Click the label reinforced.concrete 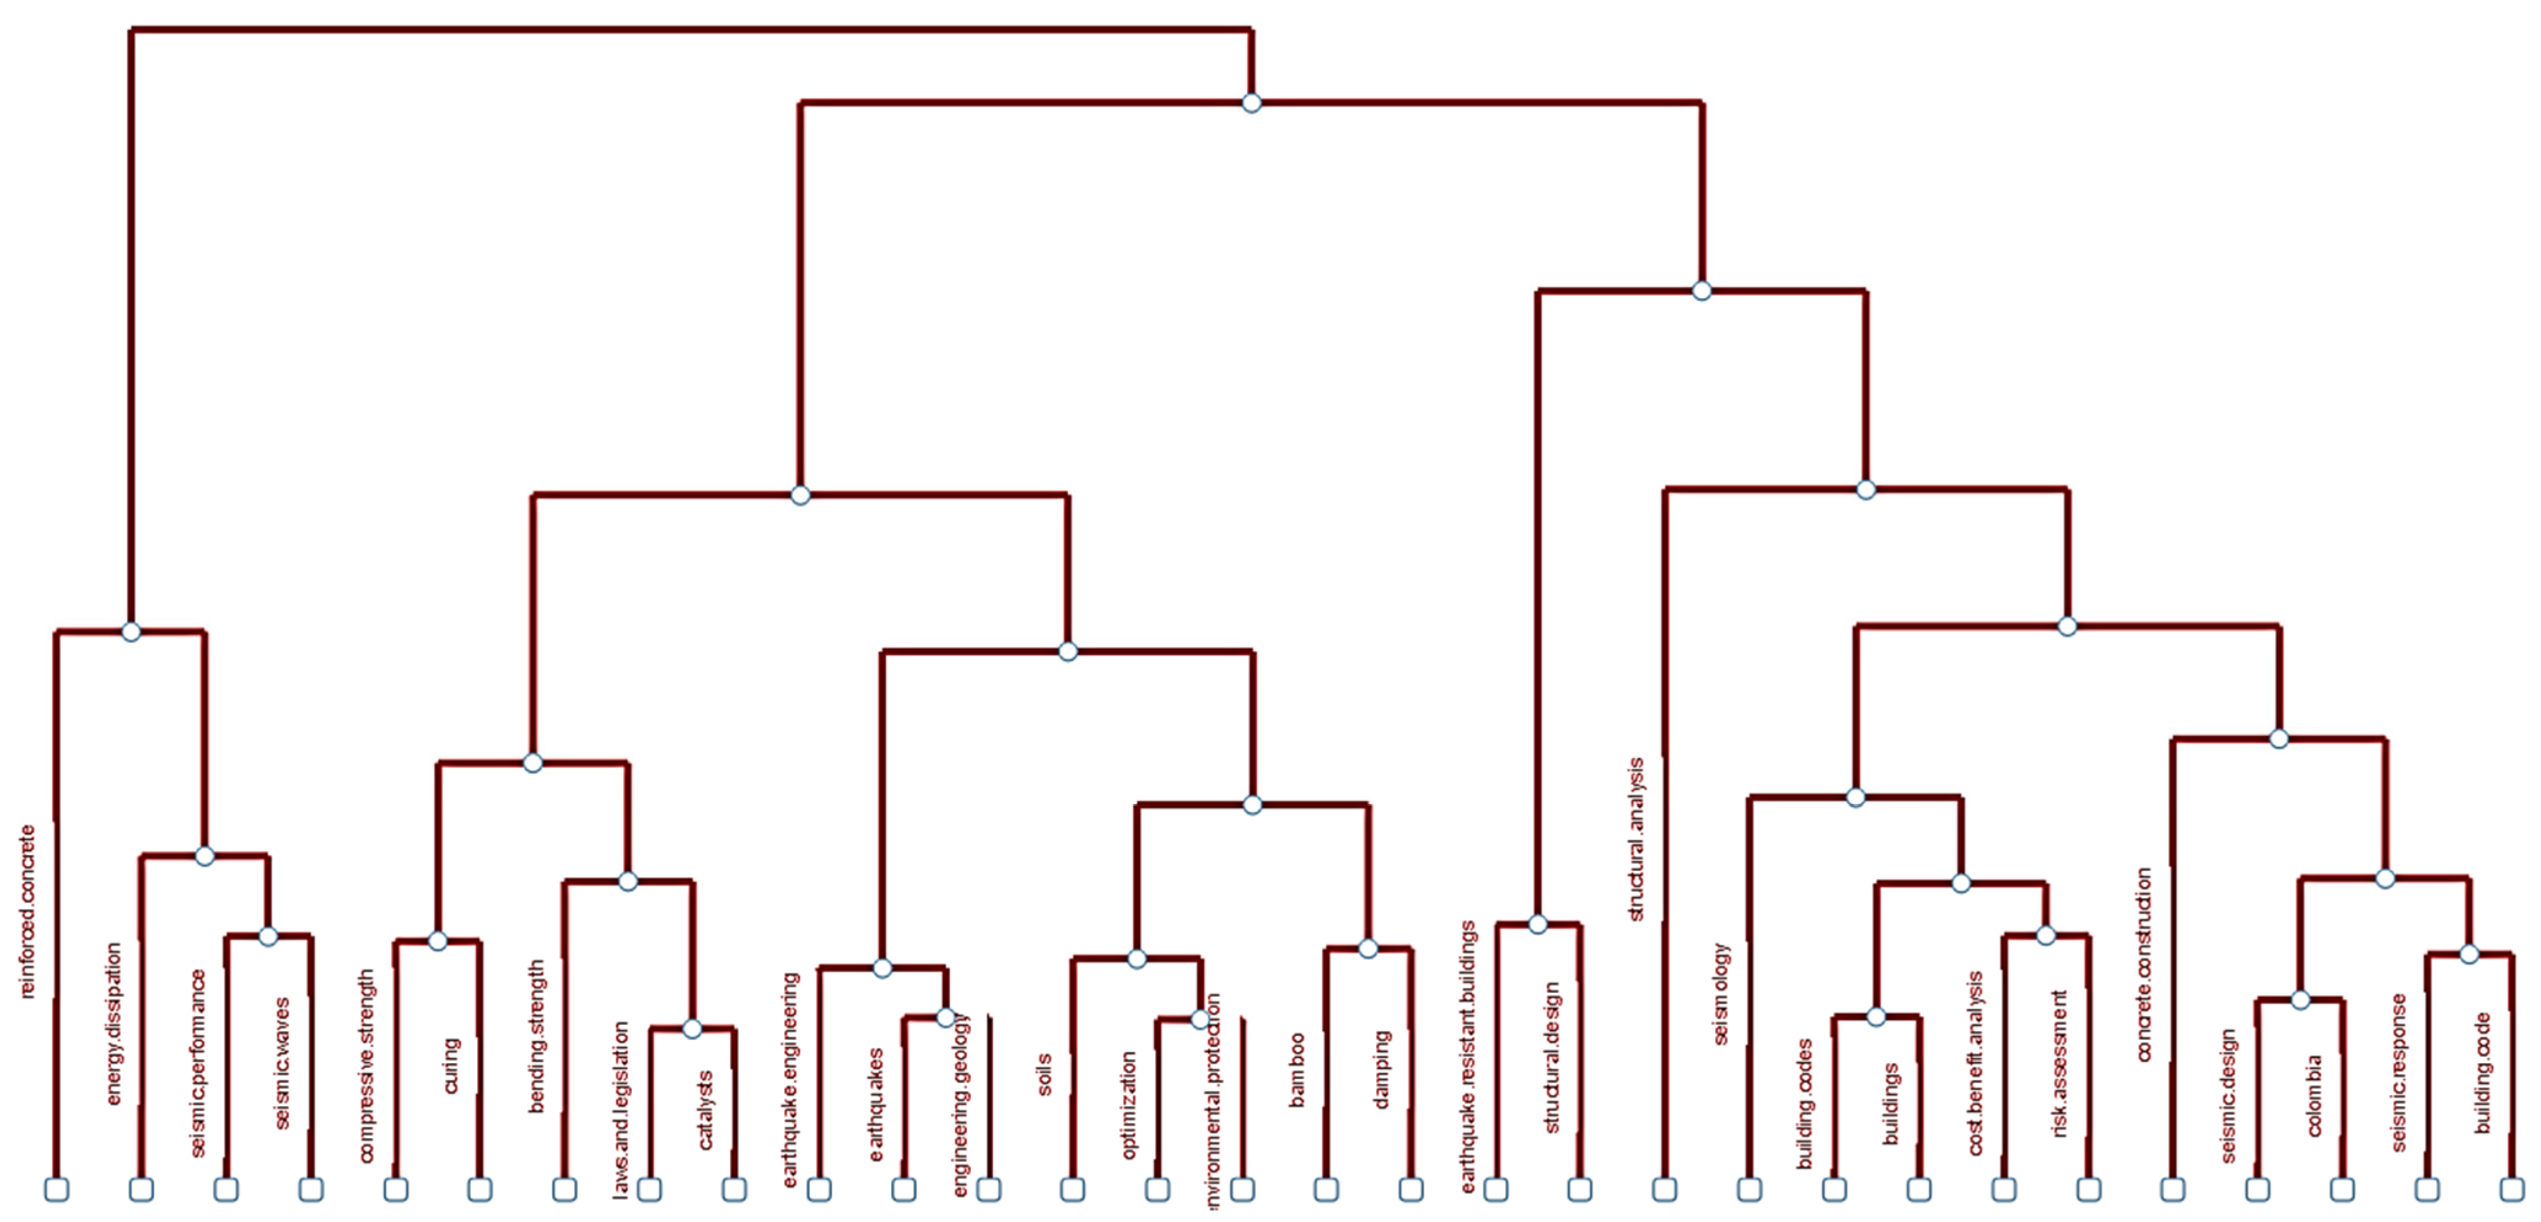(x=28, y=911)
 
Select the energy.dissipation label (x=114, y=1024)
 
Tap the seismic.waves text (x=283, y=1063)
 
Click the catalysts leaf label (x=706, y=1110)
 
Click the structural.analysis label (x=1636, y=840)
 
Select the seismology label (x=1721, y=993)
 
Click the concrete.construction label (x=2144, y=965)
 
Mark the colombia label (x=2314, y=1096)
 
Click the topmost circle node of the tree (x=1251, y=102)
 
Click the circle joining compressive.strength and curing (x=438, y=941)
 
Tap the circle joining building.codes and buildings (x=1876, y=1016)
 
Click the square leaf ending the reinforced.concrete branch (x=56, y=1189)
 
